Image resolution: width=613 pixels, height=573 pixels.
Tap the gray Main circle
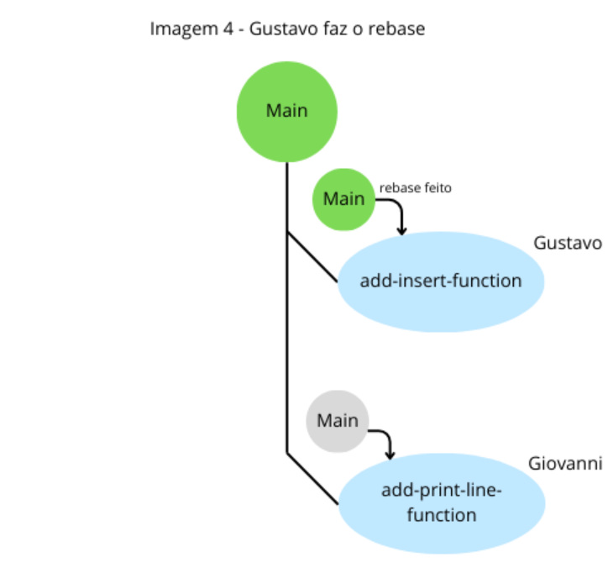(337, 421)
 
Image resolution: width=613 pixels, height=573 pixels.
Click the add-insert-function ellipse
(441, 281)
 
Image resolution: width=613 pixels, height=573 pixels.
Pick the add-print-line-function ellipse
(441, 502)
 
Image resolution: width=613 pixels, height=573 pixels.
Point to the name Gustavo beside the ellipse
(568, 243)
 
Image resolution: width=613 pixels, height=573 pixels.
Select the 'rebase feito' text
(415, 188)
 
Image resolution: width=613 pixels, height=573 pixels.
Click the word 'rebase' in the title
(400, 29)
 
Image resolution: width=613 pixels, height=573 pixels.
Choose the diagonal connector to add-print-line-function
(312, 479)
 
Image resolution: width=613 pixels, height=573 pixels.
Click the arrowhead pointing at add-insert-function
(401, 229)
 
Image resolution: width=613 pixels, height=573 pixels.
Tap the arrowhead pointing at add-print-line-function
(390, 455)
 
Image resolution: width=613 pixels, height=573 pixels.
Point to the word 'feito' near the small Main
(437, 188)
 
